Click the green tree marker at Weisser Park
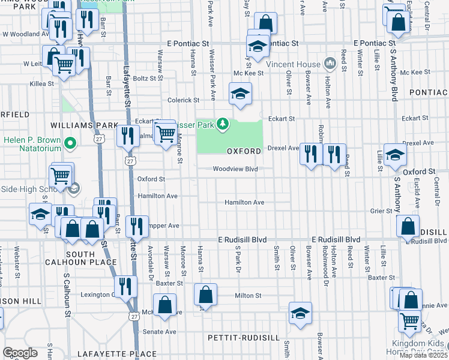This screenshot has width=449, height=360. coord(223,124)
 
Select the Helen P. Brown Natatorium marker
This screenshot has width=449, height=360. coord(70,143)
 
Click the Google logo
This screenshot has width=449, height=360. coord(20,353)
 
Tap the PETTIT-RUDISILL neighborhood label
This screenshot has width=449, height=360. coord(244,338)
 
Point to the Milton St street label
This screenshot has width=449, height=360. coord(248,295)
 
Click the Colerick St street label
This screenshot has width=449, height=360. coord(182,100)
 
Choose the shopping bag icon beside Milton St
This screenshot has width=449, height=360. coord(205,295)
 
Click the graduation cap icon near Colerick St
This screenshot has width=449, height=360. coord(240,94)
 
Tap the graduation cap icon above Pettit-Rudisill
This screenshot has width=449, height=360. coord(300,313)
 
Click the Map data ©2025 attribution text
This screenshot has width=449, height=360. coord(424,355)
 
